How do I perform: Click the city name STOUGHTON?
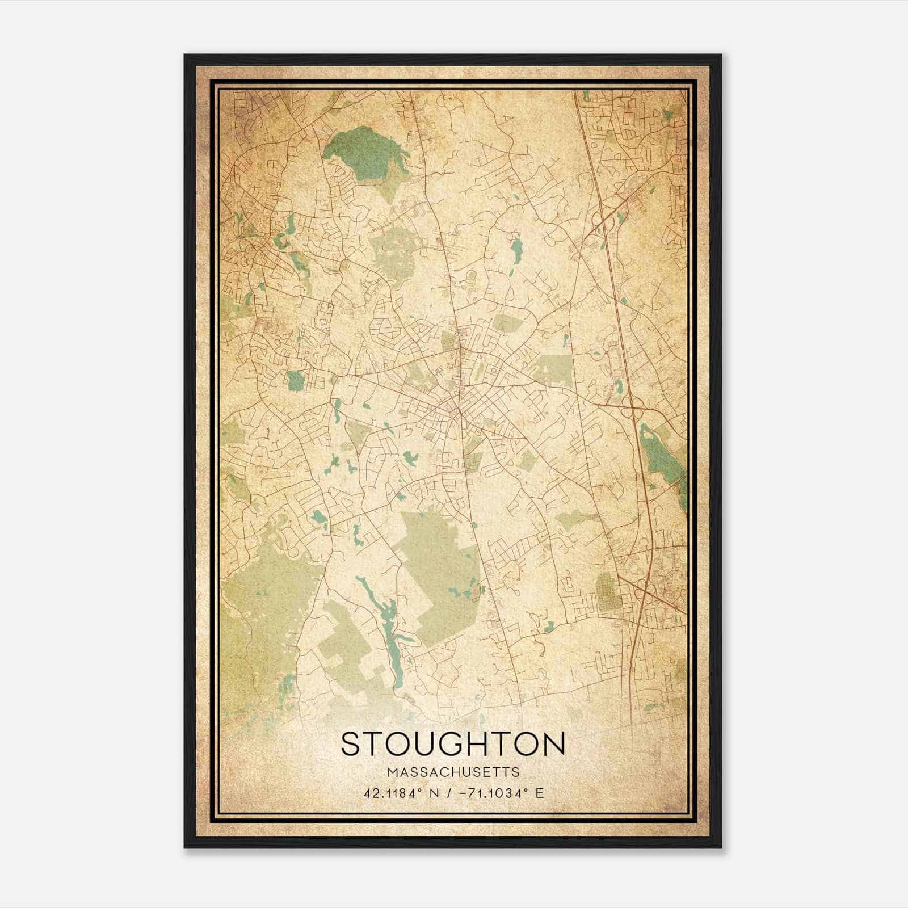(x=453, y=743)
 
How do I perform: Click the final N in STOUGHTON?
(x=553, y=743)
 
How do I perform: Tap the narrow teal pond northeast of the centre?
(x=516, y=249)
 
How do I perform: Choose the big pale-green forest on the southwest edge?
(x=267, y=590)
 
